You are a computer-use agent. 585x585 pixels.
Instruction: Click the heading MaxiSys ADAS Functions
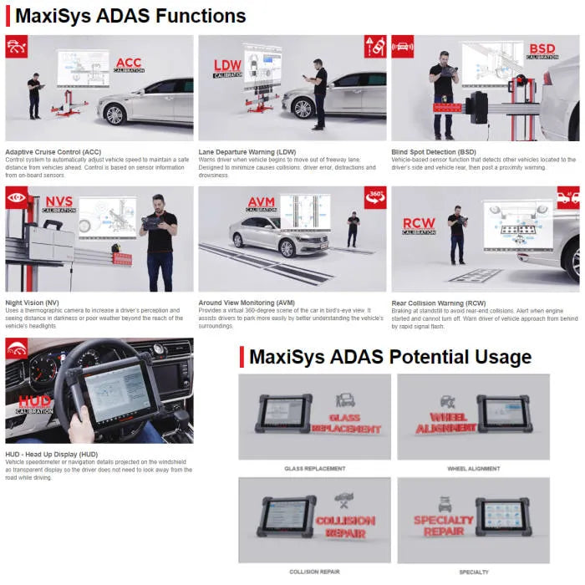[130, 16]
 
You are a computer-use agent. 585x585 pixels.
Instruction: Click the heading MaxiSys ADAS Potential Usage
[389, 358]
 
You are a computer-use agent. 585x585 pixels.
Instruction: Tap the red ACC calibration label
[129, 64]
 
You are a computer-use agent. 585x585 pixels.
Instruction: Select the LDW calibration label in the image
[227, 68]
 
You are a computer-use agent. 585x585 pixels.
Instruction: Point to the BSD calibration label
[542, 50]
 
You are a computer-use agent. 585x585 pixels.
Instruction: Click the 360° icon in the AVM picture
[375, 197]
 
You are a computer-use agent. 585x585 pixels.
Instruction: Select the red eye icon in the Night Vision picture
[16, 197]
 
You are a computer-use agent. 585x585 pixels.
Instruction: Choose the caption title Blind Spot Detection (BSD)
[434, 152]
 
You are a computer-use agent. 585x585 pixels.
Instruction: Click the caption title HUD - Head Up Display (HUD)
[51, 454]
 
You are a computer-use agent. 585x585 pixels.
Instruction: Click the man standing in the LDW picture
[319, 93]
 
